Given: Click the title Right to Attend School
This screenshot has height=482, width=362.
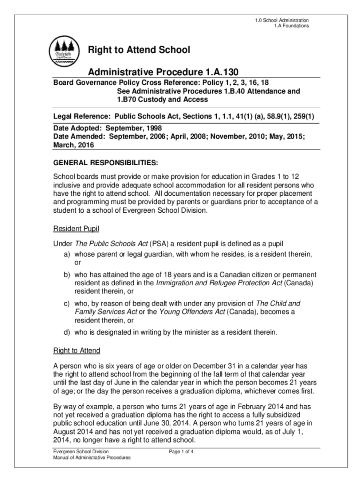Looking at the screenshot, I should coord(140,49).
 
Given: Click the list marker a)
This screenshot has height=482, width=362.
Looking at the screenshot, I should coord(68,254).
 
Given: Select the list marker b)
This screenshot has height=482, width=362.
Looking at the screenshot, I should coord(68,274).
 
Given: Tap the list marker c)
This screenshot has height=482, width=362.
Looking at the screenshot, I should coord(68,303).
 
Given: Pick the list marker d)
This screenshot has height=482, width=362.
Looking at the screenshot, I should coord(68,332).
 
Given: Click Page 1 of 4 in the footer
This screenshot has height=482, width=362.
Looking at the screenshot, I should coord(181,452).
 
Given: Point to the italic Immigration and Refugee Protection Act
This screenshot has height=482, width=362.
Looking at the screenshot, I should coord(219,283).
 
